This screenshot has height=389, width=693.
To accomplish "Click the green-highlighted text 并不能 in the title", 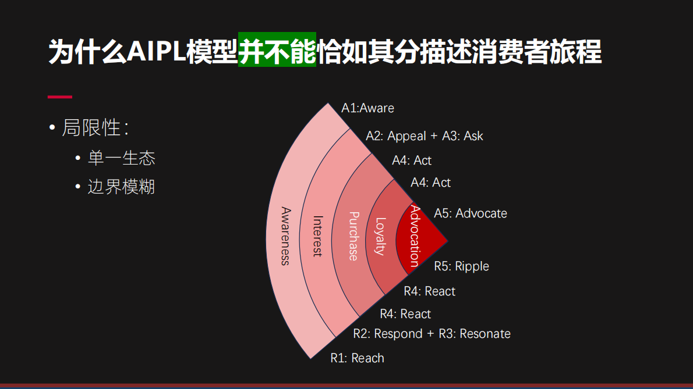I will [277, 51].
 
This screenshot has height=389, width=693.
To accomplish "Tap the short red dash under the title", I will [59, 97].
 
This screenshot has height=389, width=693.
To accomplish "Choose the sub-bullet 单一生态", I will [121, 158].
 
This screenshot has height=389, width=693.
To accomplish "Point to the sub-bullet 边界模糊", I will [121, 187].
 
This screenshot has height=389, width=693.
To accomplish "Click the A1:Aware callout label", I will [367, 108].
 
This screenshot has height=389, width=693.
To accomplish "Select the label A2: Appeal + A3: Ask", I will [424, 136].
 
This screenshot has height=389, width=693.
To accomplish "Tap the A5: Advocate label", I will [471, 213].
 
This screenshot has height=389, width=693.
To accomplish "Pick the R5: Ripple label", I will [461, 266].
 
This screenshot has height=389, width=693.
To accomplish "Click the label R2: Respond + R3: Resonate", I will [432, 334].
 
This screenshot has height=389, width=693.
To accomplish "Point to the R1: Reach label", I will [357, 358].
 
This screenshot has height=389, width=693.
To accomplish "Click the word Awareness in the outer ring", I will [285, 235].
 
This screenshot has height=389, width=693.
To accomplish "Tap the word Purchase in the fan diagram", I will [353, 236].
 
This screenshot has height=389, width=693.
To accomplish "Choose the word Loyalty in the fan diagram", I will [380, 236].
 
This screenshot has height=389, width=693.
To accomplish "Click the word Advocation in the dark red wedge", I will [414, 235].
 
